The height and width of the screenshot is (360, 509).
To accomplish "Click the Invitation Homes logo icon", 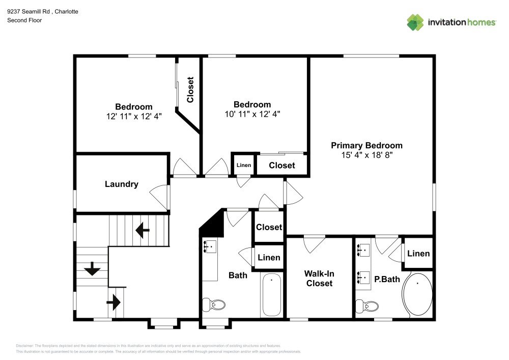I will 415,22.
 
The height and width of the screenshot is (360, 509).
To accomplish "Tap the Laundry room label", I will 121,184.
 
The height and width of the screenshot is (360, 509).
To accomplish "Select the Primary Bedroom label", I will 366,145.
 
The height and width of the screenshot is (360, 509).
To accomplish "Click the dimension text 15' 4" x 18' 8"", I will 366,155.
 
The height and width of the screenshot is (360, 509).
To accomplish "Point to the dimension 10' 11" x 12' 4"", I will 252,114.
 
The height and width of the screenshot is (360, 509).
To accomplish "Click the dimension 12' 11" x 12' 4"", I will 133,116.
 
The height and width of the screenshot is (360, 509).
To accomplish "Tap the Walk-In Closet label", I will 319,278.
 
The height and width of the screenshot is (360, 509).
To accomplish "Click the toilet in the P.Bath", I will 367,306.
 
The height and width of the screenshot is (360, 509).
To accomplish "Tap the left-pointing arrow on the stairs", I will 142,232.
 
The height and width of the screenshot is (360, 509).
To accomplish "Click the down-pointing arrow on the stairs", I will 92,268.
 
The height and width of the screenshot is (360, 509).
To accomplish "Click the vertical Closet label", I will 190,90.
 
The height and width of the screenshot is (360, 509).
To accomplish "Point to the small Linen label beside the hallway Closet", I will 244,165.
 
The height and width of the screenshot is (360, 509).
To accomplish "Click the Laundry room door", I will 160,196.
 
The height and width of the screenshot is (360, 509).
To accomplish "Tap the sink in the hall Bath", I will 210,247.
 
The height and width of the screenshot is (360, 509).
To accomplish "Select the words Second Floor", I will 24,20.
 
